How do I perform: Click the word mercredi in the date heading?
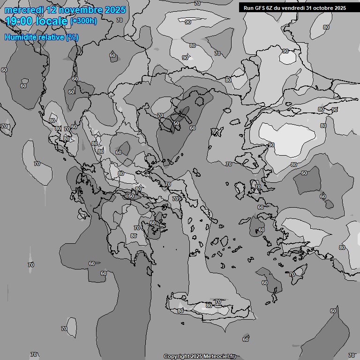pos(24,10)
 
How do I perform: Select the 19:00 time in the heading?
pos(19,21)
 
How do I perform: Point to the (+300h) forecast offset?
pos(84,21)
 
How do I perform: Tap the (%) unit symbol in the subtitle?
pos(72,37)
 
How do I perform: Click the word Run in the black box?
pos(248,8)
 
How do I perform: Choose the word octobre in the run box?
pos(323,8)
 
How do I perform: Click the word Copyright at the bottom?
pos(177,356)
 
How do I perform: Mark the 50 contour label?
pos(176,123)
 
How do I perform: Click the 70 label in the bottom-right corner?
pos(352,355)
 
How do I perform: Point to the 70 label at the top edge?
pos(197,3)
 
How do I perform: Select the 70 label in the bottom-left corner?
pos(34,354)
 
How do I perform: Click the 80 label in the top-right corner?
pos(326,27)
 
